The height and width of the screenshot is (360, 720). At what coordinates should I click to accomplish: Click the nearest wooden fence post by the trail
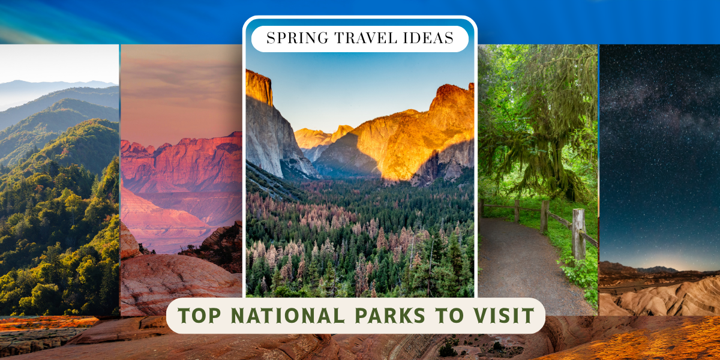point(578,233)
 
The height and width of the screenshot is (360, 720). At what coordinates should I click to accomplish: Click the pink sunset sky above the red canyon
point(180,90)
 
